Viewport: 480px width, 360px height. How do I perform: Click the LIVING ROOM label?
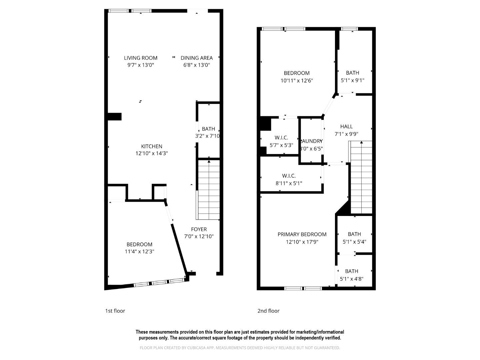coord(140,58)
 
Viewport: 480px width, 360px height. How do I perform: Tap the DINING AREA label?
coord(196,58)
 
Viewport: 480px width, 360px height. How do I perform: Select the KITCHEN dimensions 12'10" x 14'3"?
coord(152,153)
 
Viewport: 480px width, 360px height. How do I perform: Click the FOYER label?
coord(199,229)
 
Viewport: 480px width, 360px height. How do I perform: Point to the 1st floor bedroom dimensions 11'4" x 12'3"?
coord(139,252)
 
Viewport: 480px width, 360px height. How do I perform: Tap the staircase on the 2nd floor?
coord(361,177)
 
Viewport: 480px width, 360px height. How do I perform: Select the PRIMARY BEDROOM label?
coord(302,234)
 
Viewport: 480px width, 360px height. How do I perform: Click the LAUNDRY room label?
coord(312,141)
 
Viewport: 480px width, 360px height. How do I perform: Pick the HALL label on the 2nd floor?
coord(346,126)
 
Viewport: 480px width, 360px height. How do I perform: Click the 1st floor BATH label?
coord(208,129)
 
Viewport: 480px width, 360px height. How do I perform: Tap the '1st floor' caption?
coord(115,311)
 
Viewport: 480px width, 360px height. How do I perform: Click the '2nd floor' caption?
coord(268,311)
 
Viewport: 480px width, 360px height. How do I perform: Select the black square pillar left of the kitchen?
coord(115,116)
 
